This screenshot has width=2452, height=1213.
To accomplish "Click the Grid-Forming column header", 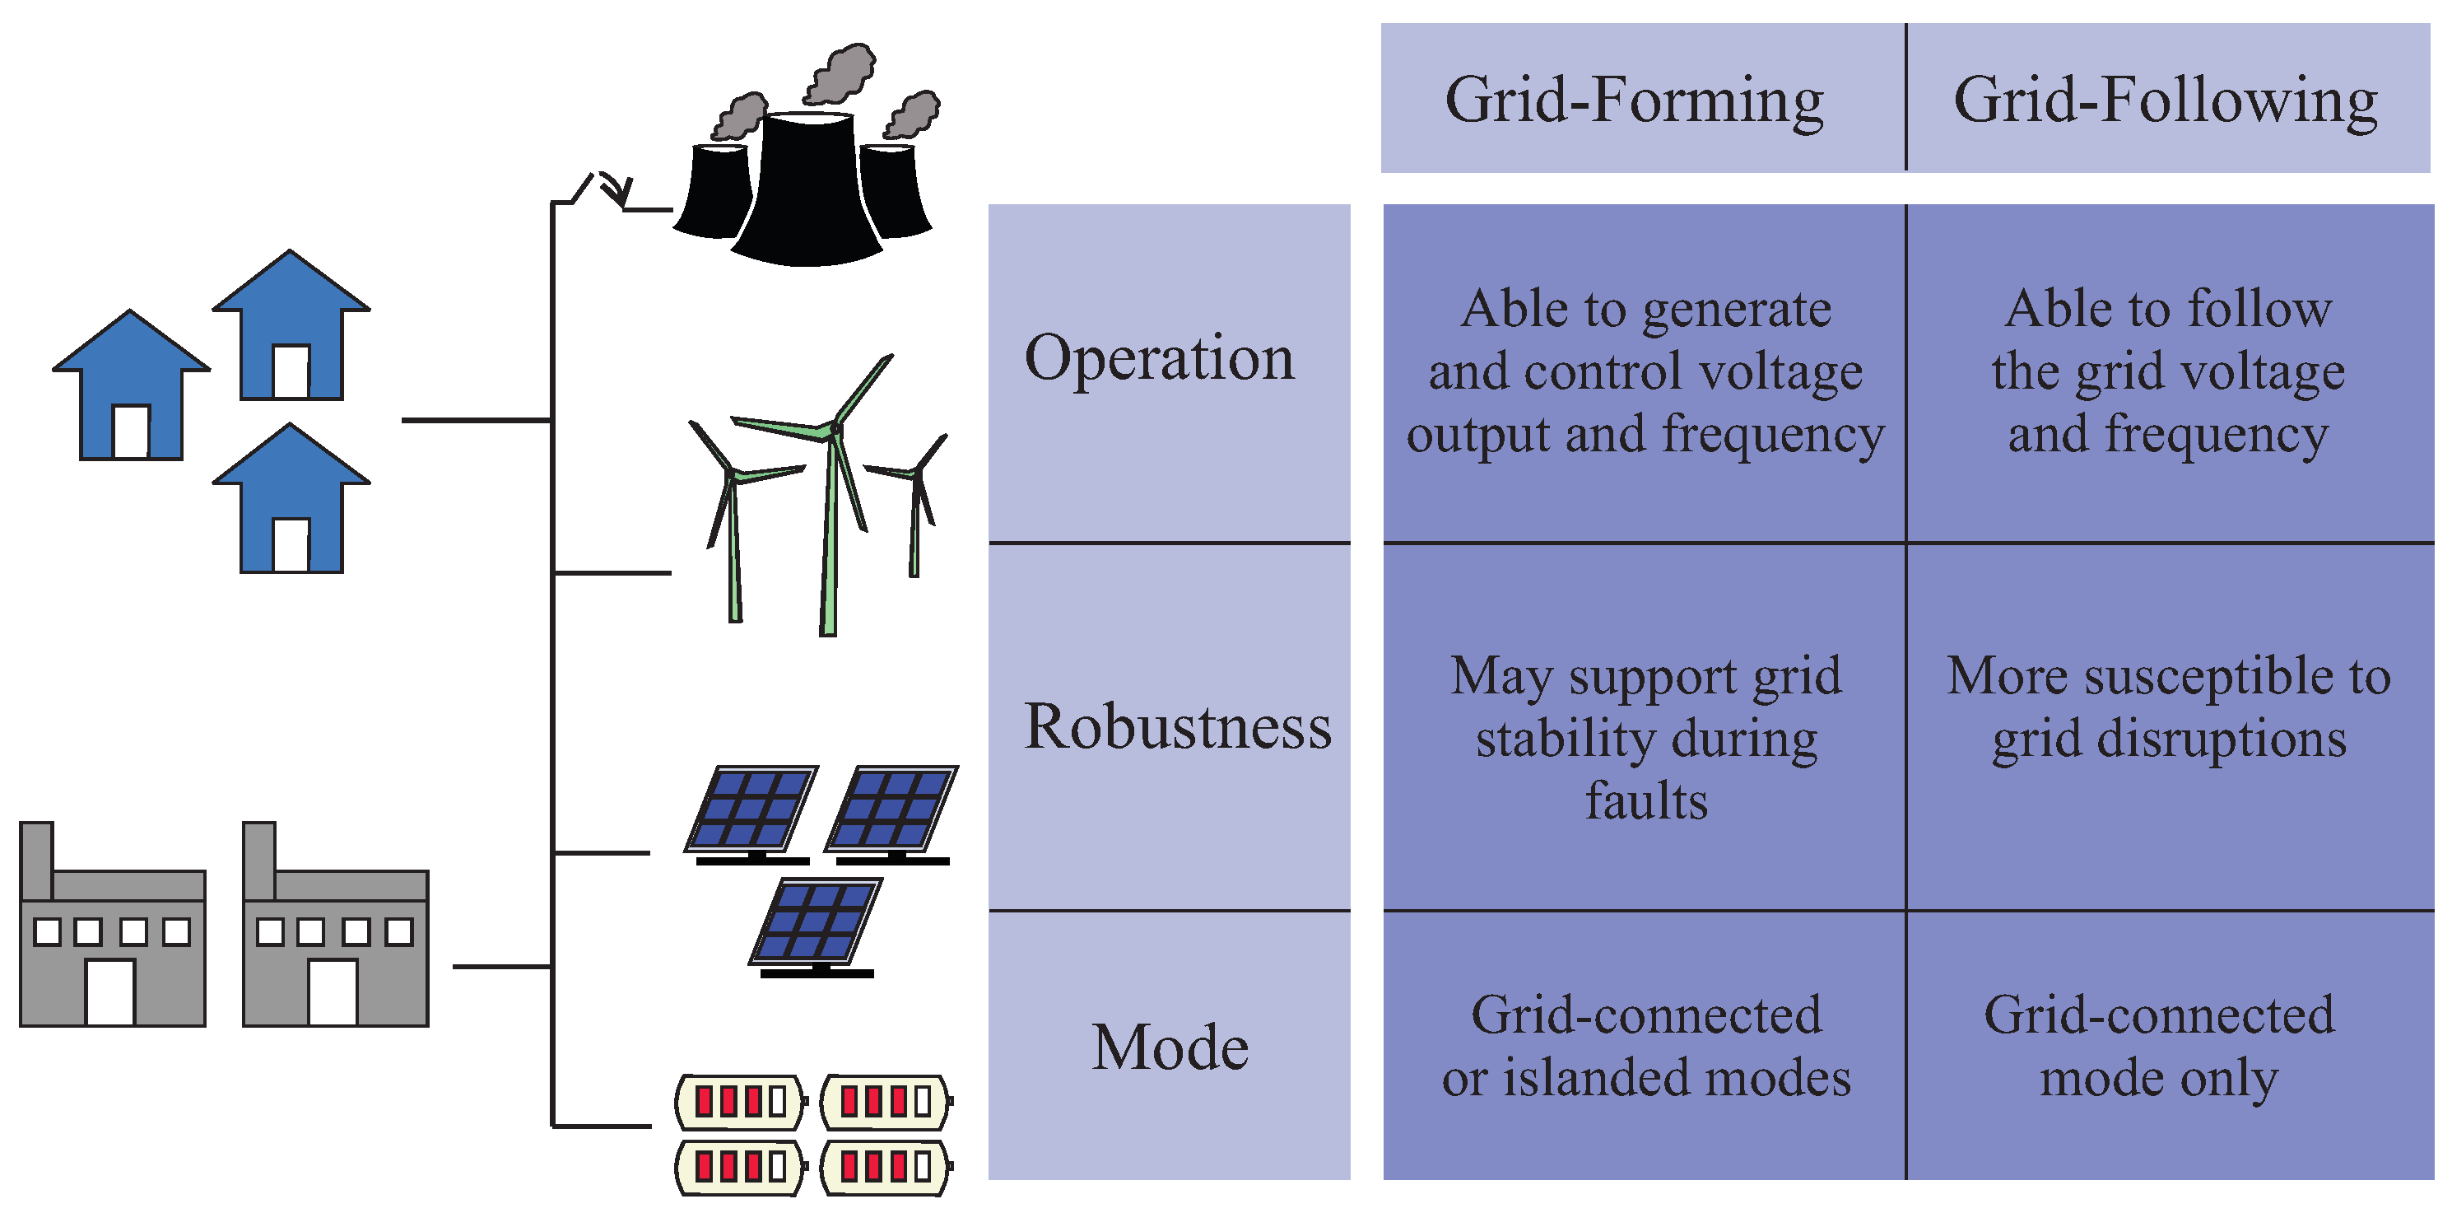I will (1633, 99).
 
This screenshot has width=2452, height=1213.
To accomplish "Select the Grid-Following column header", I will (2165, 99).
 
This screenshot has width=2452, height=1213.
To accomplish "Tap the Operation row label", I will (1160, 358).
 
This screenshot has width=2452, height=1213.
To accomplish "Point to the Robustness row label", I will (1178, 727).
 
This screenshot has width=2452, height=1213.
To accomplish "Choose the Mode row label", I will (1170, 1047).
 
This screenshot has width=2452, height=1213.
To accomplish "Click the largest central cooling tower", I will (807, 190).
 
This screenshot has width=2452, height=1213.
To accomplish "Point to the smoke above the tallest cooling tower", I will (840, 71).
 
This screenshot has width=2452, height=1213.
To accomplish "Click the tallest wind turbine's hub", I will (835, 431).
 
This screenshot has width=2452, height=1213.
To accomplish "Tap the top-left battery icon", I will (741, 1102).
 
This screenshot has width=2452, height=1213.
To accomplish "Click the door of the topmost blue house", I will (291, 371).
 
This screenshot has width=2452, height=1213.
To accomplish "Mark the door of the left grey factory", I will (110, 992).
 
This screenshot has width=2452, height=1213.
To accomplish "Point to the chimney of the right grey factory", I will (259, 857).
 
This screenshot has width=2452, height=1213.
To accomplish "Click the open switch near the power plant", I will (600, 189).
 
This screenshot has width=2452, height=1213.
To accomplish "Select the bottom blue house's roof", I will (291, 457).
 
